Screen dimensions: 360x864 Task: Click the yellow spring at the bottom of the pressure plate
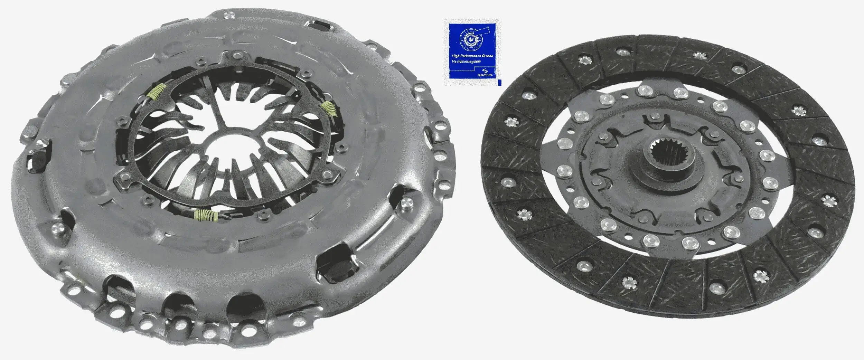pyautogui.click(x=206, y=216)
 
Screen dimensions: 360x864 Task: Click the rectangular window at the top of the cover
pyautogui.click(x=315, y=25)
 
